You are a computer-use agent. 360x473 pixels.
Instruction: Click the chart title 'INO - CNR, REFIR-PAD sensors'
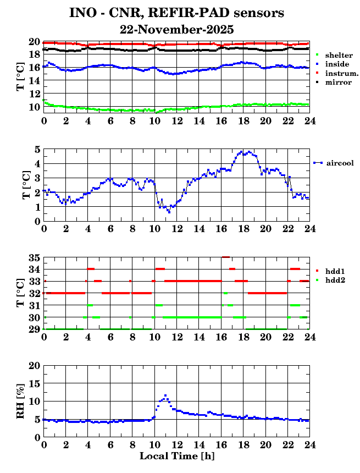pos(177,13)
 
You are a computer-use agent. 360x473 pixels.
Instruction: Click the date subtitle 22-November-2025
pos(177,29)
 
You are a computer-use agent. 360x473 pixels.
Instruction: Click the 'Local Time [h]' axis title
pos(176,456)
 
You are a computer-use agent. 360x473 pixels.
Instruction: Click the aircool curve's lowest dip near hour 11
pos(169,212)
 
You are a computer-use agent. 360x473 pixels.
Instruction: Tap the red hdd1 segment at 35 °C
pos(225,257)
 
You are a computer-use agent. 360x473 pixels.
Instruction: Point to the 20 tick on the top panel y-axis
pos(34,42)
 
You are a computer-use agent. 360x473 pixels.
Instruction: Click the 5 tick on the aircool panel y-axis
pos(36,149)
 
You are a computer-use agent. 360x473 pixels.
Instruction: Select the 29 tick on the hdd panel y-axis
pos(34,329)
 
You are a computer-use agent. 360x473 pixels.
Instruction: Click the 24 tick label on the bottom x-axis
pos(309,444)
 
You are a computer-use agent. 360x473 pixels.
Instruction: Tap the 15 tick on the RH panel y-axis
pos(34,383)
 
